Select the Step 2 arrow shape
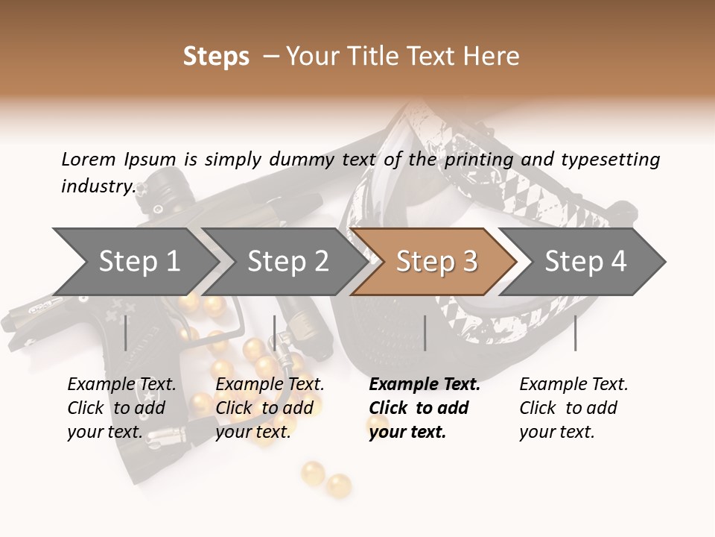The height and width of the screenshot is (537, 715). [x=287, y=262]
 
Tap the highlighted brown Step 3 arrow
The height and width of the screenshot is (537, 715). [x=436, y=262]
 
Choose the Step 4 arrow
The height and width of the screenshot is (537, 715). [x=585, y=262]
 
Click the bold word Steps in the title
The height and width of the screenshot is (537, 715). [x=216, y=57]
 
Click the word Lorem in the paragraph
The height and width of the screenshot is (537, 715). [x=89, y=159]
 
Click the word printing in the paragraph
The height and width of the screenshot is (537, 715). [x=479, y=159]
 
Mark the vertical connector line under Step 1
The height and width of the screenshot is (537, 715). [x=126, y=333]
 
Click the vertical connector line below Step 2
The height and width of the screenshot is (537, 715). [x=275, y=333]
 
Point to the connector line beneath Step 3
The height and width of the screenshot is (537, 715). [x=425, y=333]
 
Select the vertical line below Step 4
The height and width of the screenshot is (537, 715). [x=576, y=333]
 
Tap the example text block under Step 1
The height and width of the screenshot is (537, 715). [x=121, y=408]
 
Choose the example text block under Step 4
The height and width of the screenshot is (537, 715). [x=573, y=408]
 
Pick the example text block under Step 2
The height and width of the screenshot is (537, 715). [x=270, y=408]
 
